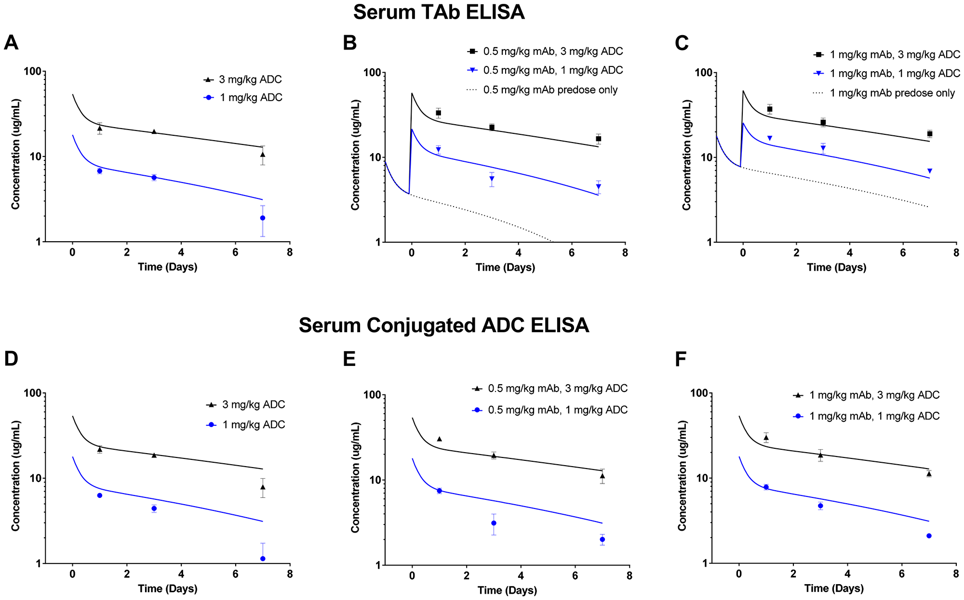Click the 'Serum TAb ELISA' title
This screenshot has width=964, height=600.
click(x=439, y=12)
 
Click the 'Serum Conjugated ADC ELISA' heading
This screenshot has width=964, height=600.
click(x=443, y=326)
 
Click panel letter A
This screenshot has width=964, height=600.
click(x=11, y=43)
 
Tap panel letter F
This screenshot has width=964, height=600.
click(x=681, y=359)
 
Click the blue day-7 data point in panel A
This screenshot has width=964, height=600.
click(x=263, y=218)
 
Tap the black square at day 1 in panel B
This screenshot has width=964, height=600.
click(x=438, y=113)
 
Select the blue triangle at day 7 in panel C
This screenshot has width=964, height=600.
click(x=930, y=171)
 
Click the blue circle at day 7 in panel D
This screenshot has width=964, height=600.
click(x=263, y=559)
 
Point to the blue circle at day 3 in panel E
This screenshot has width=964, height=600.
click(x=494, y=523)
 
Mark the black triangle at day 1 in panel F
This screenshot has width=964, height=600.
click(x=766, y=438)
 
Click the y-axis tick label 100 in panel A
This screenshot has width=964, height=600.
click(x=33, y=71)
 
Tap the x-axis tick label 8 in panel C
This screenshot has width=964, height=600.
click(x=956, y=253)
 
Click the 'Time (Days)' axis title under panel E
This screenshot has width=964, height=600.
click(x=507, y=590)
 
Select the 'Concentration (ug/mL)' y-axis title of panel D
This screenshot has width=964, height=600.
click(x=16, y=476)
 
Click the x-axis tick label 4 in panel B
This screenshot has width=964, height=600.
click(x=518, y=253)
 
